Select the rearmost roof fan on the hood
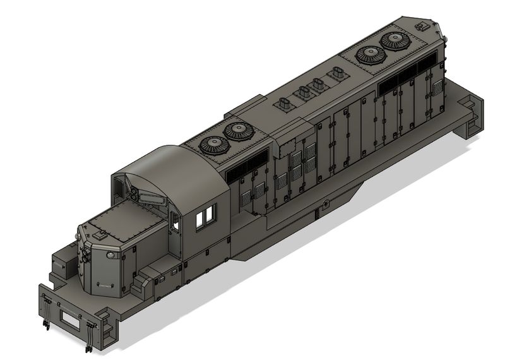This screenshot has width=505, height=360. pos(396,42)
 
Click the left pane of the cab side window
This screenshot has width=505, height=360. pos(201,219)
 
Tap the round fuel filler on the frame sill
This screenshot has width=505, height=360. pos(325,203)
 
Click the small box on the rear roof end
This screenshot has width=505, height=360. pos(420,26)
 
